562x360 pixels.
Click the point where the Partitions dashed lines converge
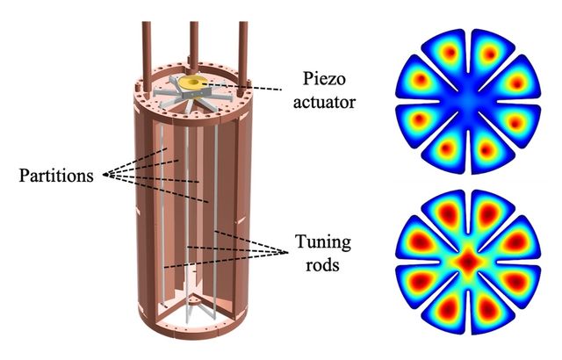coord(104,175)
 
